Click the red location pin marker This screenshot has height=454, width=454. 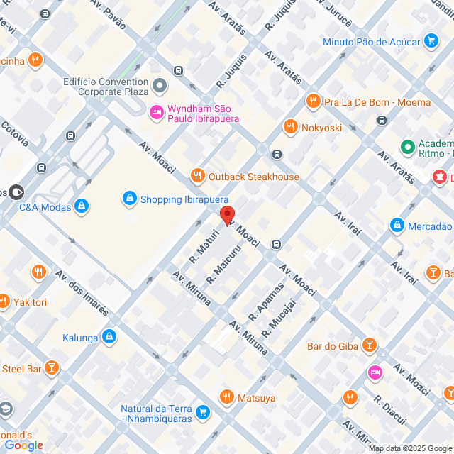[x=227, y=216]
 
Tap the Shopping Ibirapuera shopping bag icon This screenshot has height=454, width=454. [x=129, y=199]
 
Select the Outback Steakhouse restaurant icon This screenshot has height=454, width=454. [x=197, y=176]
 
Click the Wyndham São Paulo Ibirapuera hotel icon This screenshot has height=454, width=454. [x=155, y=112]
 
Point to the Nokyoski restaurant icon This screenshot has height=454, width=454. [x=289, y=128]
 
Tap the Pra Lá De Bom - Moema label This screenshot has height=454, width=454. [x=377, y=102]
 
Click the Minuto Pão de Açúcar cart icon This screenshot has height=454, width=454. [x=431, y=41]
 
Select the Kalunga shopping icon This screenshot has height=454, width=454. [x=109, y=337]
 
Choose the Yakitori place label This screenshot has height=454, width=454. [x=28, y=302]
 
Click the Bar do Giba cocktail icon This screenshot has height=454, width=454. [x=369, y=345]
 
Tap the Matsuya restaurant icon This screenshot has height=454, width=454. [x=227, y=397]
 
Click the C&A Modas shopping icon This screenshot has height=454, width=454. [x=82, y=206]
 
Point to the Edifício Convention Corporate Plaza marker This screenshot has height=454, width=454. [x=161, y=87]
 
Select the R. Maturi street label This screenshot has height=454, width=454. [x=201, y=245]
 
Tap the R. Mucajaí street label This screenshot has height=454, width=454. [x=279, y=318]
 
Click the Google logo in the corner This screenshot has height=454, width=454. [x=23, y=445]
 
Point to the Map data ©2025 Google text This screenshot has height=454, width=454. [x=410, y=448]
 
